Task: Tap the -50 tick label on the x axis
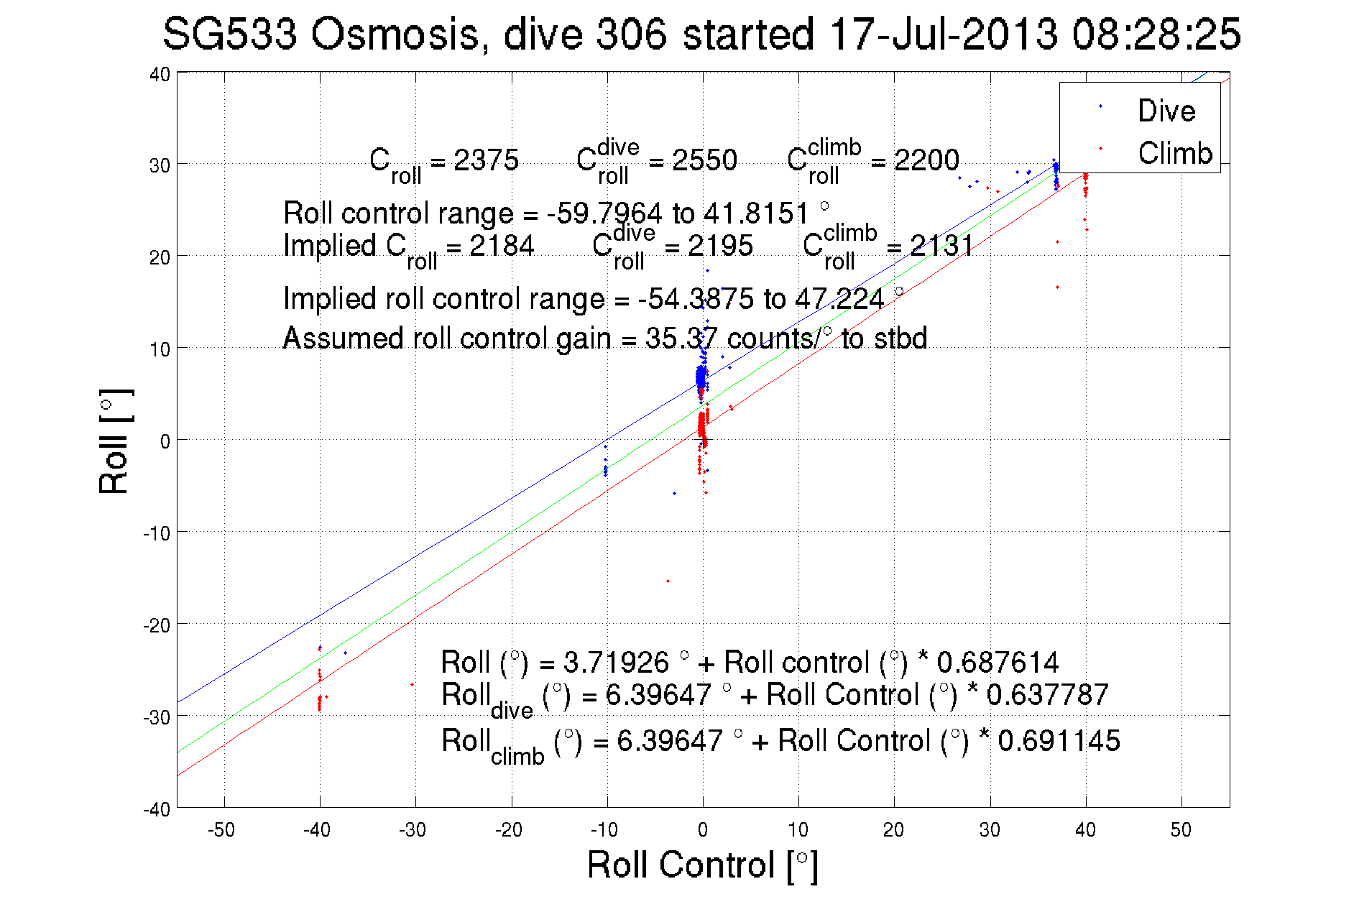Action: click(x=221, y=830)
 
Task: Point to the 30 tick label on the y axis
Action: click(x=160, y=165)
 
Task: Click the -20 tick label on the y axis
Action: click(x=156, y=625)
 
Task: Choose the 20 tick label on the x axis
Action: click(x=893, y=830)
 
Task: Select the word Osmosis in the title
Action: click(x=395, y=34)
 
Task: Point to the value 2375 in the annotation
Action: click(x=486, y=160)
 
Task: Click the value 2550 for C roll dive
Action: click(x=704, y=160)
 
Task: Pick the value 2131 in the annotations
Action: click(x=941, y=246)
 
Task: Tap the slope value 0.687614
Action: click(x=998, y=662)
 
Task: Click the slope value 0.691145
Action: click(x=1059, y=740)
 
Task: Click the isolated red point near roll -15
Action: click(x=668, y=581)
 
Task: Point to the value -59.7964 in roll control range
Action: click(x=604, y=213)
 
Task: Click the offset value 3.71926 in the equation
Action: click(x=615, y=662)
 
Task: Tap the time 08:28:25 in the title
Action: click(x=1156, y=34)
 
